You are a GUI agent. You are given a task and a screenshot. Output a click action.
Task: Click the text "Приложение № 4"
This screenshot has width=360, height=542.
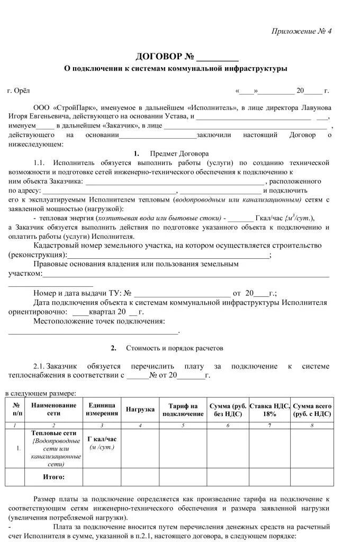[x=301, y=31]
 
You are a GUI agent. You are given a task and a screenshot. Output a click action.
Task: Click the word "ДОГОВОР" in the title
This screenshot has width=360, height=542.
[x=158, y=57]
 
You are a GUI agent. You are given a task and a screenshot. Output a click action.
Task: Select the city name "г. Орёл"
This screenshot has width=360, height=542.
[x=19, y=91]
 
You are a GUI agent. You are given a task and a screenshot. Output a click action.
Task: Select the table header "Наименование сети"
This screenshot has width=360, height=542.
[x=53, y=409]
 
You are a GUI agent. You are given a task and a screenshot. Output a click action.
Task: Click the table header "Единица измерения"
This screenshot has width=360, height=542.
[x=102, y=409]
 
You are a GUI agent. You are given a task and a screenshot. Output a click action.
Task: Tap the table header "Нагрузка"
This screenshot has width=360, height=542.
[x=140, y=410]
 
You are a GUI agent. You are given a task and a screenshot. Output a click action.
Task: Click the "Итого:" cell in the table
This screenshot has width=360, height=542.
[x=53, y=477]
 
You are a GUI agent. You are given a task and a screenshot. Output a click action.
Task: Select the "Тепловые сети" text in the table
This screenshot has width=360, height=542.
[x=53, y=433]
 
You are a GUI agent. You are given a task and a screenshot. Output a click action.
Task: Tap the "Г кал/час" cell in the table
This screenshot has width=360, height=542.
[x=102, y=439]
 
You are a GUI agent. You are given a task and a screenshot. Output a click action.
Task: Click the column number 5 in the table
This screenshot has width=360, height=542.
[x=183, y=425]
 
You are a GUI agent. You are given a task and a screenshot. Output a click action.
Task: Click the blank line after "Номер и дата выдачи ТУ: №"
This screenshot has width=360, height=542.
[x=183, y=293]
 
